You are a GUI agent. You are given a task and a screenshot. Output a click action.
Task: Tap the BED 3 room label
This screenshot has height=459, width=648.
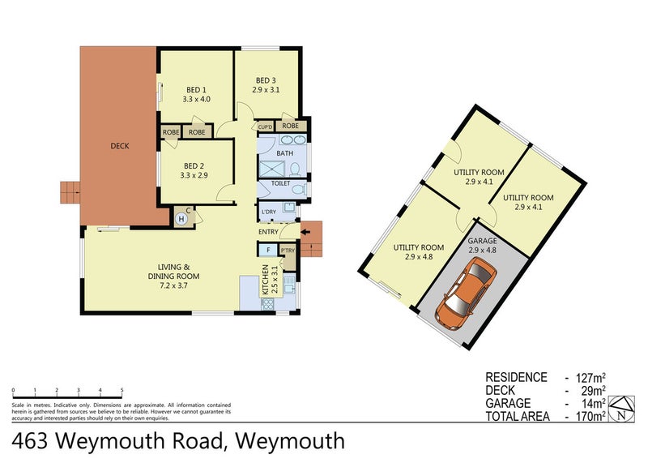(x=266, y=80)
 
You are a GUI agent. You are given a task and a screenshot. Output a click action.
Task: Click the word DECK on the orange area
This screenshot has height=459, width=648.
(x=120, y=146)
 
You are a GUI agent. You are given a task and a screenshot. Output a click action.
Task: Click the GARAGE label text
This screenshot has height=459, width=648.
(x=481, y=241)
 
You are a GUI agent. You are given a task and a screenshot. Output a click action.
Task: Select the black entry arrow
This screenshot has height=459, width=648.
(x=305, y=232)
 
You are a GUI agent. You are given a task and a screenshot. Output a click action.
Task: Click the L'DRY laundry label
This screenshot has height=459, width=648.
(x=268, y=213)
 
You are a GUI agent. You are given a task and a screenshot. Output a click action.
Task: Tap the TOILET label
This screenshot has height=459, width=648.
(x=280, y=184)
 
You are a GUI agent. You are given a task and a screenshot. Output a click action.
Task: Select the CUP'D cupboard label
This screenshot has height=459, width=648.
(x=265, y=127)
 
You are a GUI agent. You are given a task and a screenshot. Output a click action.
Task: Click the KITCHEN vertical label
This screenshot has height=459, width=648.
(x=265, y=281)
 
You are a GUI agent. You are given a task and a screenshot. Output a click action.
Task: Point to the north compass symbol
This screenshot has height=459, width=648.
(x=620, y=408)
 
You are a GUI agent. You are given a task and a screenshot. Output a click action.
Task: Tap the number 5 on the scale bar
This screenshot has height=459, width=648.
(x=122, y=390)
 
